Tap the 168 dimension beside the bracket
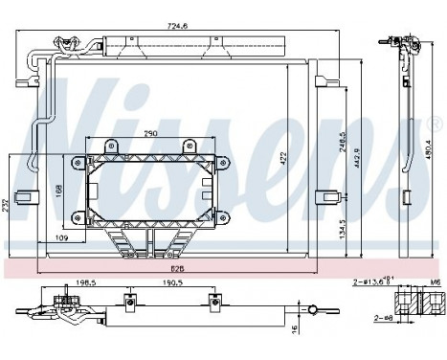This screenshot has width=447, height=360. tap(58, 190)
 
